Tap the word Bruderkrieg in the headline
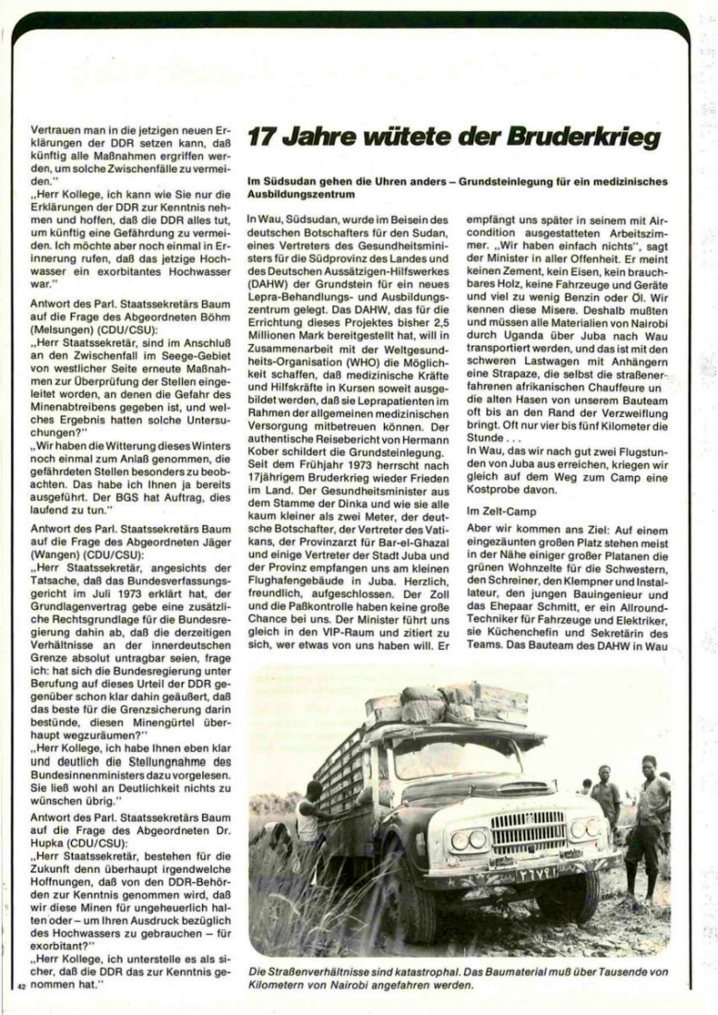[x=584, y=139]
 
